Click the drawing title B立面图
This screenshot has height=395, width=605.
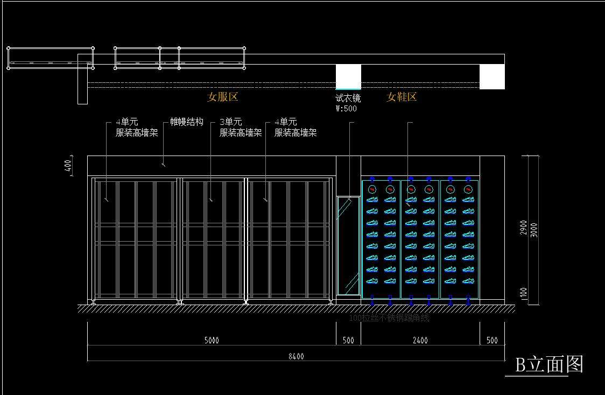pyautogui.click(x=549, y=365)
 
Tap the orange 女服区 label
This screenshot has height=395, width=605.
pyautogui.click(x=222, y=97)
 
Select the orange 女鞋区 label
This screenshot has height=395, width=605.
pyautogui.click(x=402, y=97)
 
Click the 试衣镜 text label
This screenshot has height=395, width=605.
pyautogui.click(x=348, y=98)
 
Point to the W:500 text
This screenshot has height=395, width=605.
pyautogui.click(x=346, y=108)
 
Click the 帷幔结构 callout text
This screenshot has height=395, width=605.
pyautogui.click(x=187, y=122)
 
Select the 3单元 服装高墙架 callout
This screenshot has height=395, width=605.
pyautogui.click(x=241, y=128)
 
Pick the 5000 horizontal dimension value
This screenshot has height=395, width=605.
pyautogui.click(x=212, y=340)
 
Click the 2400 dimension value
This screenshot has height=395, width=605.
pyautogui.click(x=420, y=340)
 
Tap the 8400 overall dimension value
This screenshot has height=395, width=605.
pyautogui.click(x=296, y=356)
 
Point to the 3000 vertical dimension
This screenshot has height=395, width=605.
pyautogui.click(x=534, y=229)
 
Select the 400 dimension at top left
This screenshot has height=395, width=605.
pyautogui.click(x=68, y=166)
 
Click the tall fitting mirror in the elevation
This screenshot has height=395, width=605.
pyautogui.click(x=348, y=245)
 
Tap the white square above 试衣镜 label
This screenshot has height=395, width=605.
pyautogui.click(x=348, y=76)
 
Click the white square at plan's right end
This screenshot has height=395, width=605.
pyautogui.click(x=492, y=76)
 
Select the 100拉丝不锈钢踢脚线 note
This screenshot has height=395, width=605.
pyautogui.click(x=389, y=318)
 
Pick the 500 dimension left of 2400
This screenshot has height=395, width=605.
pyautogui.click(x=348, y=340)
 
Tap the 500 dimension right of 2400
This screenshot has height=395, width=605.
pyautogui.click(x=492, y=340)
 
